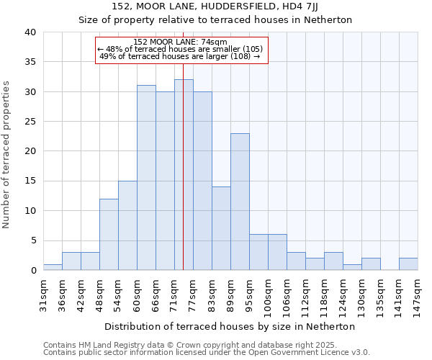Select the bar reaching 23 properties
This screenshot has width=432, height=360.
pos(240,202)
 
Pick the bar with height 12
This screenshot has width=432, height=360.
pos(109,234)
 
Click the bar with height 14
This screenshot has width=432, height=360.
pos(221,228)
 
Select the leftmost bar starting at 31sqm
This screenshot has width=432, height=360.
pos(53,267)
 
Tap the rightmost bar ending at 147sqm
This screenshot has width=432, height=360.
pos(408,264)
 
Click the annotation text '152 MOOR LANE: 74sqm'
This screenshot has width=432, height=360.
pos(181,42)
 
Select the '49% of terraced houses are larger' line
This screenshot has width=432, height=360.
pos(179,56)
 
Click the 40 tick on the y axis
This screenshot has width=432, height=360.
pos(30,32)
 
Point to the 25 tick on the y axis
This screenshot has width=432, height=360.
pos(30,122)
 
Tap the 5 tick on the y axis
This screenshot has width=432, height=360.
pos(33,240)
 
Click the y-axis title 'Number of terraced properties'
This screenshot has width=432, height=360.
pos(6,155)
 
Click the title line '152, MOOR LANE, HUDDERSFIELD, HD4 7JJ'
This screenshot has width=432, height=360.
pos(215,6)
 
